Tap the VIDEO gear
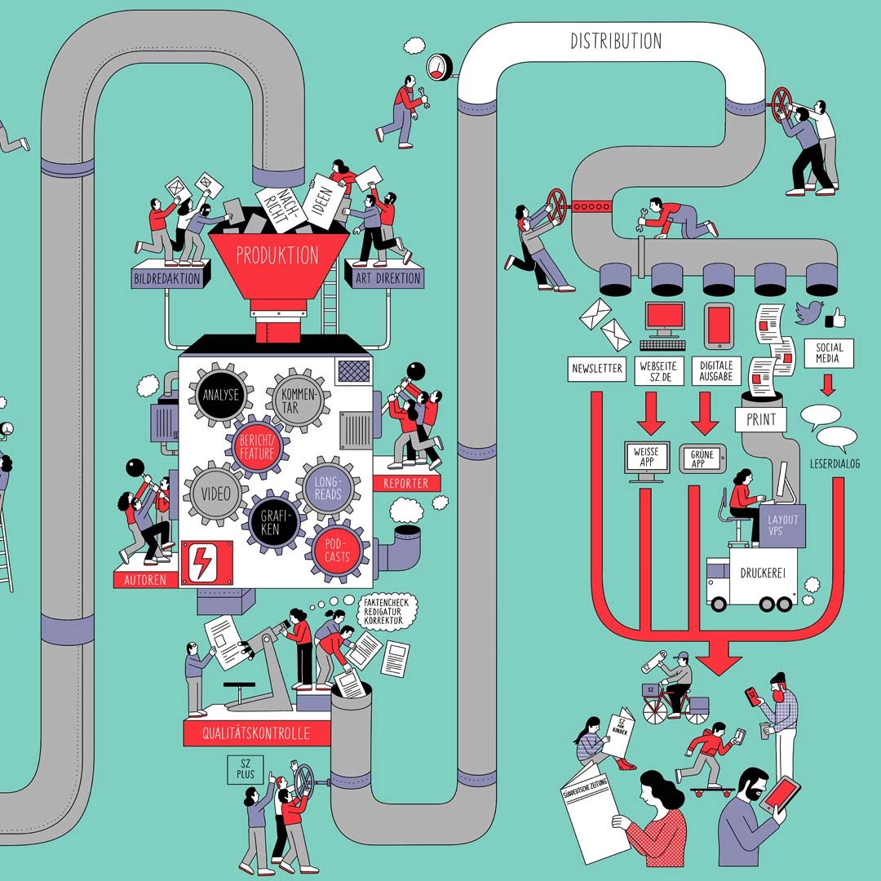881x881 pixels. click(x=216, y=494)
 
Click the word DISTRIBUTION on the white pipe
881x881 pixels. click(x=616, y=41)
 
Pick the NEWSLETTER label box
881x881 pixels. click(x=596, y=369)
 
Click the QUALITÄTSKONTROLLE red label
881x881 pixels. click(x=258, y=733)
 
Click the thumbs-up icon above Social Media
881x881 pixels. click(x=835, y=317)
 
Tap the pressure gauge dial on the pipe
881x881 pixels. click(x=439, y=67)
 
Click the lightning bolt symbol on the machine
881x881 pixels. click(x=199, y=561)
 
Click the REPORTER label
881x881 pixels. click(x=405, y=483)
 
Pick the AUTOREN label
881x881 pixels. click(x=144, y=580)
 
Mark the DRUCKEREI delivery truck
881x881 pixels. click(x=751, y=581)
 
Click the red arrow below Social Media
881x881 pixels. click(x=828, y=383)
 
